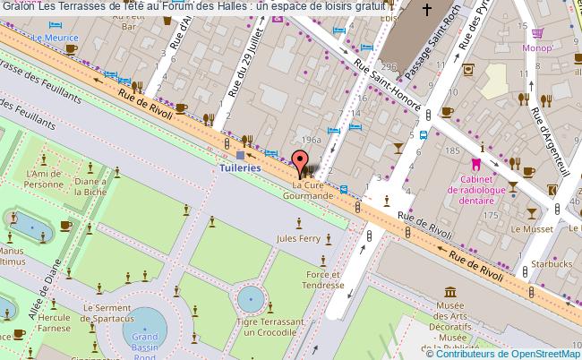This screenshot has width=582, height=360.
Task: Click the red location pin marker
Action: point(299,163)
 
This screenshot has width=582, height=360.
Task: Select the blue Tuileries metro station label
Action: point(240,167)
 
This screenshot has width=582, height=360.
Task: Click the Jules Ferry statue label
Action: point(298,238)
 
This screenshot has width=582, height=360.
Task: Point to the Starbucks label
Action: point(550,264)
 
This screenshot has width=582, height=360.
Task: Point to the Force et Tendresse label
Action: point(324,279)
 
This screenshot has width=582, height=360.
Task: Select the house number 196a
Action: point(312,140)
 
